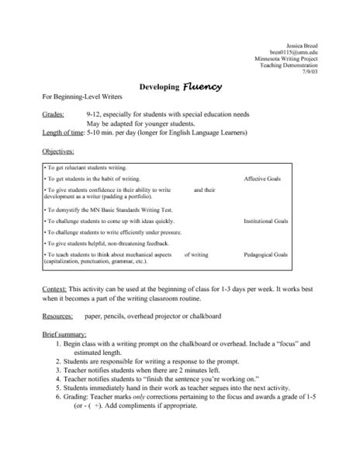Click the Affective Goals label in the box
pos(266,179)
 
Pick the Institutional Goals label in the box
pos(266,221)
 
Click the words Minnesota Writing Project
pos(286,59)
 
